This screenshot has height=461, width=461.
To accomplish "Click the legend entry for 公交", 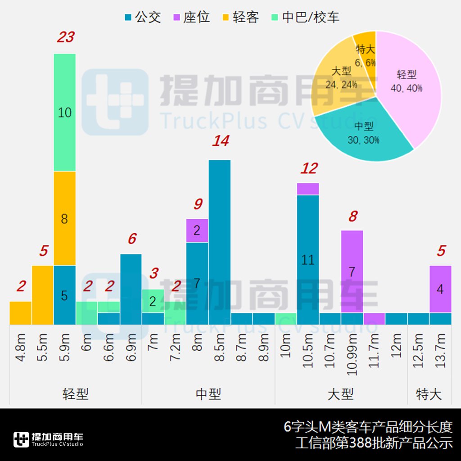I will [142, 18].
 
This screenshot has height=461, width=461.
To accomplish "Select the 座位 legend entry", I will [191, 18].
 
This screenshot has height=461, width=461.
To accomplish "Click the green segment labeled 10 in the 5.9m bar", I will [65, 112].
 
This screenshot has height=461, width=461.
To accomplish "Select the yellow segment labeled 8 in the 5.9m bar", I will [65, 219].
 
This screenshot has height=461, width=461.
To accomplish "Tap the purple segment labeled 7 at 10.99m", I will [352, 271].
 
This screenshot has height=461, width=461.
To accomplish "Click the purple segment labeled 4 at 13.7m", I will [440, 289].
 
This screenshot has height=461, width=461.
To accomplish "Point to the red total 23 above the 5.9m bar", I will [65, 37].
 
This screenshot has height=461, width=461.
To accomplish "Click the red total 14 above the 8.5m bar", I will [221, 141].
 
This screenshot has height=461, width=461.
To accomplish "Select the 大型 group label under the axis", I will [341, 395].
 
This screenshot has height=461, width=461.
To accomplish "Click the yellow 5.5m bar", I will [42, 295].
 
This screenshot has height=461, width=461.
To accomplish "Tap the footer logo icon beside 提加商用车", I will [21, 439].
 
